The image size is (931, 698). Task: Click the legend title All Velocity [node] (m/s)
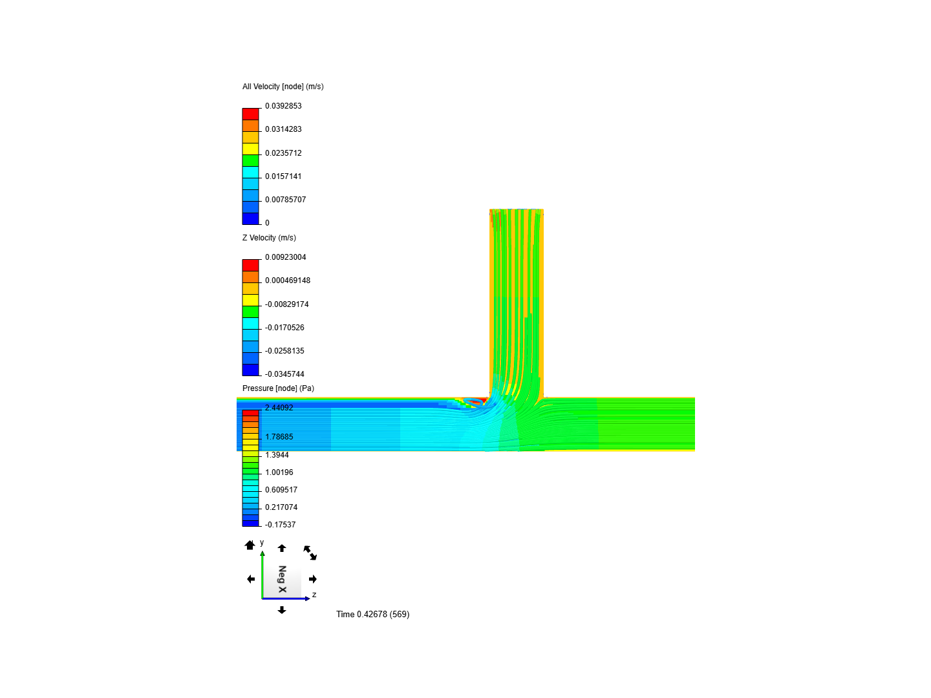click(x=283, y=87)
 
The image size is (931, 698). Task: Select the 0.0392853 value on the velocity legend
click(x=283, y=106)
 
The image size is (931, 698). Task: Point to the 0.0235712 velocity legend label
click(x=283, y=153)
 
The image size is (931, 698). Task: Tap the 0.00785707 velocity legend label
click(x=285, y=200)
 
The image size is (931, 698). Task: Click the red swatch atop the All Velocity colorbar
click(x=250, y=114)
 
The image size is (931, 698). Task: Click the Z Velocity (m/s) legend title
click(x=269, y=238)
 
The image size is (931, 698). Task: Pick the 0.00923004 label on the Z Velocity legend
click(x=285, y=257)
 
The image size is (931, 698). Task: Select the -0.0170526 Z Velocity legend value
click(x=284, y=328)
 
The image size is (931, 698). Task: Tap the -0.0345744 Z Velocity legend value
click(x=284, y=374)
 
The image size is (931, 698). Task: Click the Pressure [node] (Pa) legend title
click(x=278, y=388)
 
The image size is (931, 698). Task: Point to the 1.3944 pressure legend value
click(x=277, y=455)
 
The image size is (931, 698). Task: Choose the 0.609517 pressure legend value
click(x=281, y=490)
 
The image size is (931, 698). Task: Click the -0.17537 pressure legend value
click(x=280, y=525)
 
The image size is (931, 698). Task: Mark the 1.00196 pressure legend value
click(x=279, y=472)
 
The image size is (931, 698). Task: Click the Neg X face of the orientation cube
click(x=282, y=579)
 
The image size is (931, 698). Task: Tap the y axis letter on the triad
click(x=262, y=543)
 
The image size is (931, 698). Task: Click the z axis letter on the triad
click(x=314, y=595)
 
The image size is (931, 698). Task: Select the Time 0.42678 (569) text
click(x=372, y=614)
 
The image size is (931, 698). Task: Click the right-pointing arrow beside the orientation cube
click(x=313, y=579)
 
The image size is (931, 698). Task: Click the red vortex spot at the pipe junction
click(x=476, y=402)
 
